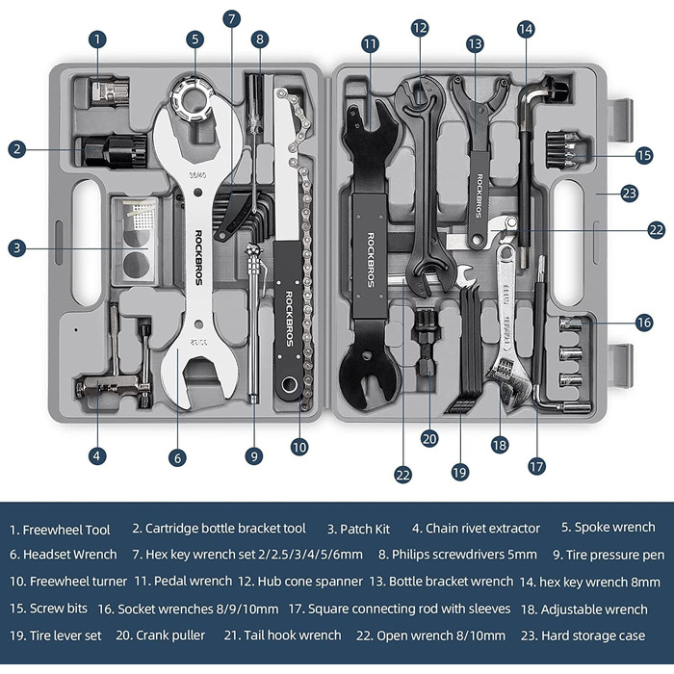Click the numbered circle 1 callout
(x=97, y=39)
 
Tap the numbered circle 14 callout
(x=526, y=29)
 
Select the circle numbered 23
(x=630, y=194)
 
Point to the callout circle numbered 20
(x=429, y=439)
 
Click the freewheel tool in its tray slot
(x=110, y=91)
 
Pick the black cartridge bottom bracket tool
(x=115, y=151)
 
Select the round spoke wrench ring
(x=192, y=100)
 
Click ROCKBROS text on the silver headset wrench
(x=198, y=257)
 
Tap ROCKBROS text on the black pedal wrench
(x=371, y=260)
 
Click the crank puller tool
(x=426, y=343)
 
